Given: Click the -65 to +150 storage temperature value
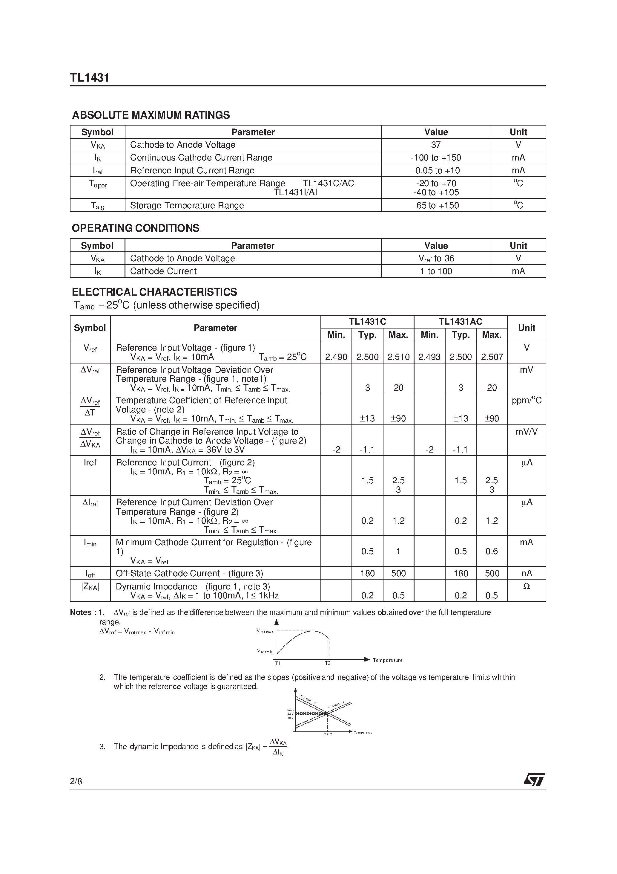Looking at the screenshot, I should [436, 206].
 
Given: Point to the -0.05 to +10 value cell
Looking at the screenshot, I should [436, 171].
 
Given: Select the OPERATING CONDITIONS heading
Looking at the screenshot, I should [135, 228].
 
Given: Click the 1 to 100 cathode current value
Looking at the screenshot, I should [436, 271].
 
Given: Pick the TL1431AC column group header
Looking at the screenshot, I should [460, 322].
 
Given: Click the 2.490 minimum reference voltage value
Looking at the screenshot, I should [336, 357].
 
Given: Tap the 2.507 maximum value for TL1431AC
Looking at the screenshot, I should [492, 357].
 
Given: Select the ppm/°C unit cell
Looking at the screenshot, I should [527, 401].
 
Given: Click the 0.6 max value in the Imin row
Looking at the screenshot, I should [492, 551].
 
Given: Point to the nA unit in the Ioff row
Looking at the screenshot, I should [527, 573].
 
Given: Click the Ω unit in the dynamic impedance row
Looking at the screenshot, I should [527, 586].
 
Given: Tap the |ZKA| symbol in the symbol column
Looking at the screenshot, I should [90, 586].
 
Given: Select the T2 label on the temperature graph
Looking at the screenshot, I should [328, 663].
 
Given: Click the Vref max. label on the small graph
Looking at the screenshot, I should [265, 631].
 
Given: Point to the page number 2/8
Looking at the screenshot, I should [76, 782].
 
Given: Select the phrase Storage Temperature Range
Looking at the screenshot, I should [187, 206].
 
